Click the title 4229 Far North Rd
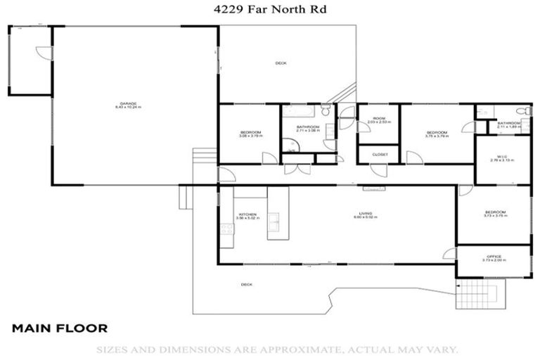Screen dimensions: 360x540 pyautogui.click(x=270, y=10)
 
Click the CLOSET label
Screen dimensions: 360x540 pyautogui.click(x=380, y=154)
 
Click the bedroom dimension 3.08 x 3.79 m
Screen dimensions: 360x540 pyautogui.click(x=251, y=136)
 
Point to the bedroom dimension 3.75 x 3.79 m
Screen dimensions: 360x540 pyautogui.click(x=437, y=136)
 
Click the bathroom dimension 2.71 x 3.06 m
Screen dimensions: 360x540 pyautogui.click(x=308, y=131)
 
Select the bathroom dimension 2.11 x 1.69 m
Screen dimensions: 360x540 pyautogui.click(x=508, y=127)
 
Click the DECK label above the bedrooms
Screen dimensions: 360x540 pyautogui.click(x=281, y=63)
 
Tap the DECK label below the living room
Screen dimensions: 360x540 pyautogui.click(x=247, y=285)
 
